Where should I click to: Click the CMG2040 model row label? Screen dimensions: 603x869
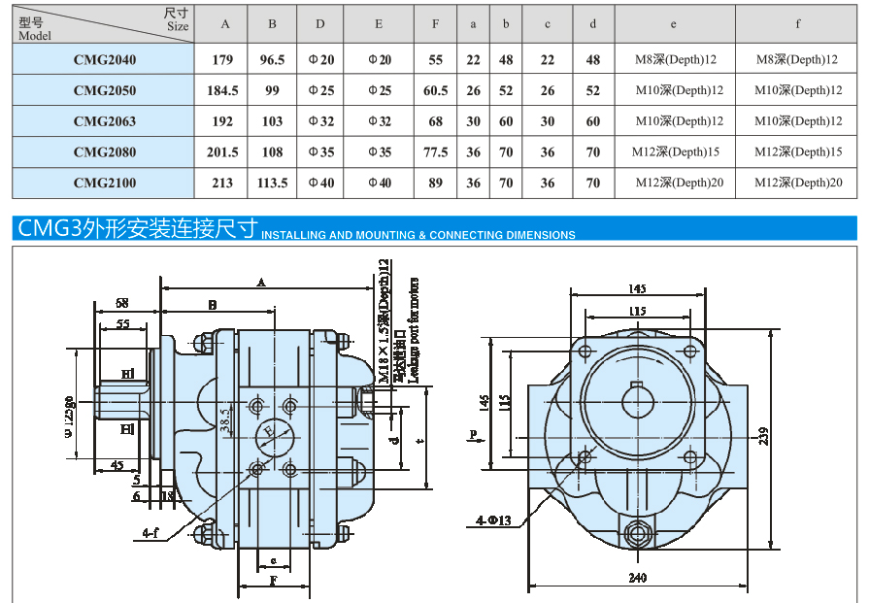tap(105, 60)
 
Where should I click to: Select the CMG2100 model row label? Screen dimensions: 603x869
tap(105, 183)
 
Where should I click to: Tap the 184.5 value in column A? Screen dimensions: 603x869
tap(223, 90)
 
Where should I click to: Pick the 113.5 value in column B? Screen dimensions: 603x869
tap(272, 183)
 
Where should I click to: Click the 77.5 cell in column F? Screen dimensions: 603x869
tap(436, 152)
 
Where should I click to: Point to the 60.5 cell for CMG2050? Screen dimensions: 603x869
tap(436, 90)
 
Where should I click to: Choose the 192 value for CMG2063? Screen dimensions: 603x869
tap(223, 121)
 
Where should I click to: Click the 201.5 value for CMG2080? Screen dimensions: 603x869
tap(223, 152)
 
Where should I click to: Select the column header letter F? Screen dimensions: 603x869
tap(436, 24)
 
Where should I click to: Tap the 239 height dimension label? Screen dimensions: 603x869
tap(764, 438)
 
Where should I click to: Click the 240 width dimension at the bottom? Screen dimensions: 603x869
tap(638, 579)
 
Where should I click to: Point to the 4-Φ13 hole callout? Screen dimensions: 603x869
tap(493, 521)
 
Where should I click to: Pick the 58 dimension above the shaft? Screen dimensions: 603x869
tap(121, 303)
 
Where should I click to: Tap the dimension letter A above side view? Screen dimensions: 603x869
tap(260, 282)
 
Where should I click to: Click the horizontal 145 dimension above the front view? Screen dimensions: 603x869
tap(637, 288)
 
